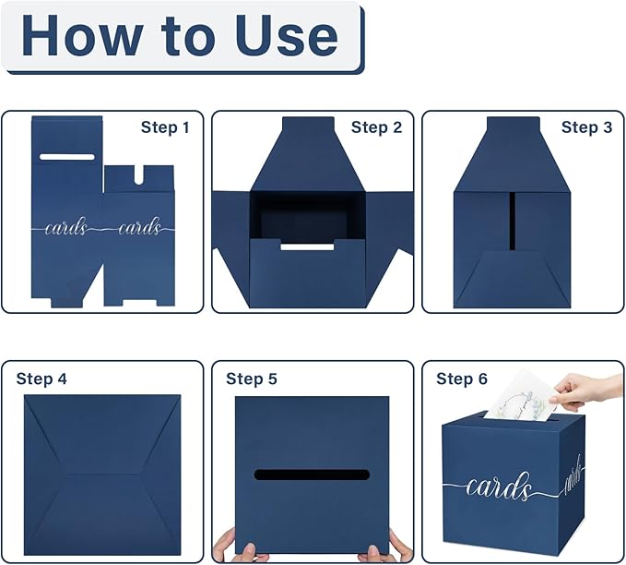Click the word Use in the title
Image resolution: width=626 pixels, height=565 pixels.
287,36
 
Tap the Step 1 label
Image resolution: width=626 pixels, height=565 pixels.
165,127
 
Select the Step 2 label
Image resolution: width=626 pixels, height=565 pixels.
376,127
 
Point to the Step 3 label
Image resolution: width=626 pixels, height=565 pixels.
586,127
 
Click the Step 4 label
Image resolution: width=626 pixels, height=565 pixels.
41,379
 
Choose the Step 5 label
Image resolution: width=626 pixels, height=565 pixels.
252,379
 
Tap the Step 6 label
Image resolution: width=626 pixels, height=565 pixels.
462,379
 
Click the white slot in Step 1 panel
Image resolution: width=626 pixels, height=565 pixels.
67,157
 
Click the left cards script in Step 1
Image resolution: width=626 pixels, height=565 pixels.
65,227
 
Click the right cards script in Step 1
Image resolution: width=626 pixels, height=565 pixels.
139,227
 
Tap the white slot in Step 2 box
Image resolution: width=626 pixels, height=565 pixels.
307,246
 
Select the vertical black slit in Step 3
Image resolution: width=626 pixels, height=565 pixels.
512,222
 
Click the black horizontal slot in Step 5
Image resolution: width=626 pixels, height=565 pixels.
312,475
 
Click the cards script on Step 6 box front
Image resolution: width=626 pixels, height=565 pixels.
499,487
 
